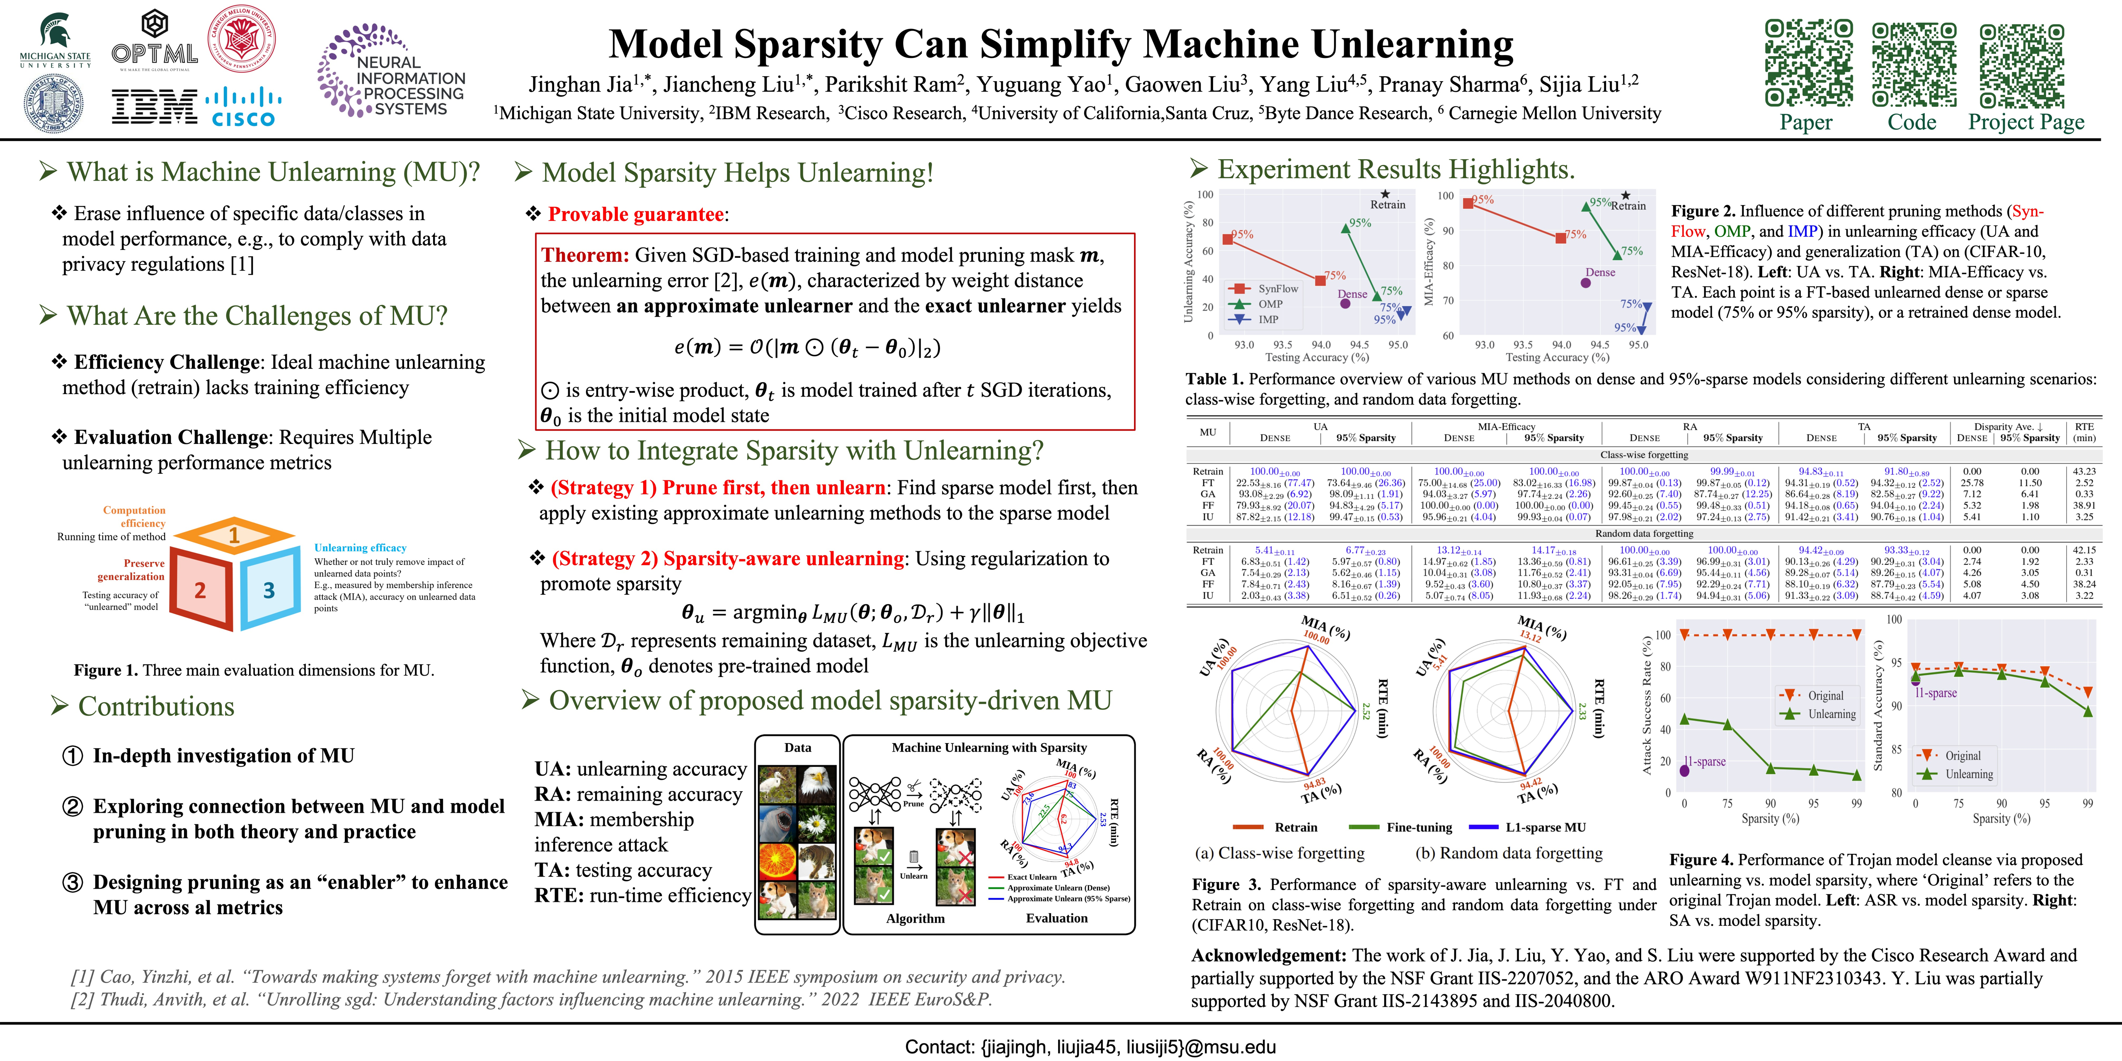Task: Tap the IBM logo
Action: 154,107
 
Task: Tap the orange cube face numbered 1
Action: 234,535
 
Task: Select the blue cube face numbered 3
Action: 269,590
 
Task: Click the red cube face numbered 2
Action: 200,590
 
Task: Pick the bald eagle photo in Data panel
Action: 818,785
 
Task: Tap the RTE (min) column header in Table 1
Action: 2084,432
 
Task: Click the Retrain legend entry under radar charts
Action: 1295,827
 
